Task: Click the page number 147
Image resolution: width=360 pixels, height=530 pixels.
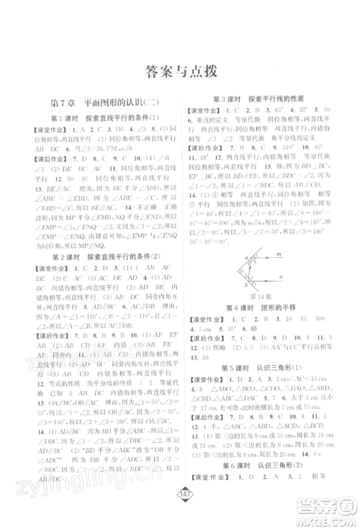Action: coord(180,513)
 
